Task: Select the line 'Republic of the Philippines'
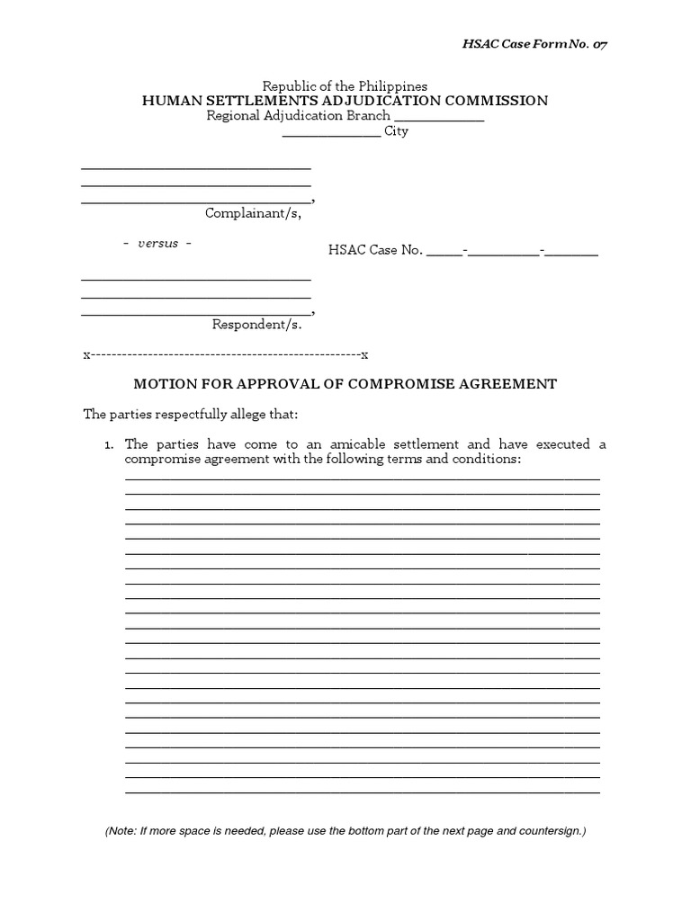tap(345, 85)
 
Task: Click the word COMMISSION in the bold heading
tap(490, 101)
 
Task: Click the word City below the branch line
tap(396, 132)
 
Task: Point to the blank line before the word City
tap(331, 134)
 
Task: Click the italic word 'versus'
tap(157, 245)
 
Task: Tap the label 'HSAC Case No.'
tap(375, 251)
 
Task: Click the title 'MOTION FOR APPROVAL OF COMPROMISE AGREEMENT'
tap(345, 384)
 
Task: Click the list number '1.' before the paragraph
tap(109, 445)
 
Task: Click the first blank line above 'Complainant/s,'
tap(196, 167)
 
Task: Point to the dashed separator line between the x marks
tap(226, 354)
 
